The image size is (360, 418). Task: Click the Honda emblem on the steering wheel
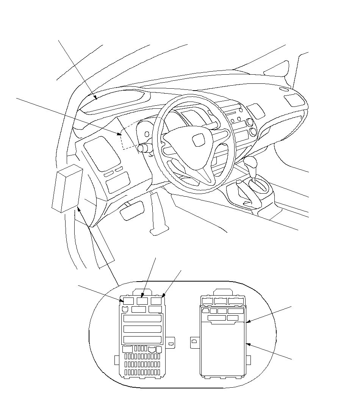click(x=198, y=140)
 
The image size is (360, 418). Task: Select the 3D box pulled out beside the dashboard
click(x=67, y=188)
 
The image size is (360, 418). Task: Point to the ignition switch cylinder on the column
click(x=143, y=148)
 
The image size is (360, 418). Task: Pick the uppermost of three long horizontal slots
click(x=142, y=319)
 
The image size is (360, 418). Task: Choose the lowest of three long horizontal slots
click(x=142, y=340)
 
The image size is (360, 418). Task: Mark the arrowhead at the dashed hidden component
click(x=121, y=133)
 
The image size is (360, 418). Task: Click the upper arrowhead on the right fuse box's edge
click(x=247, y=322)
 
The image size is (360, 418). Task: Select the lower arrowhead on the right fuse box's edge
click(x=247, y=344)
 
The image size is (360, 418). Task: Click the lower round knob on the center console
click(x=253, y=132)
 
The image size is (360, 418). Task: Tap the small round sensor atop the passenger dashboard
click(x=282, y=90)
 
